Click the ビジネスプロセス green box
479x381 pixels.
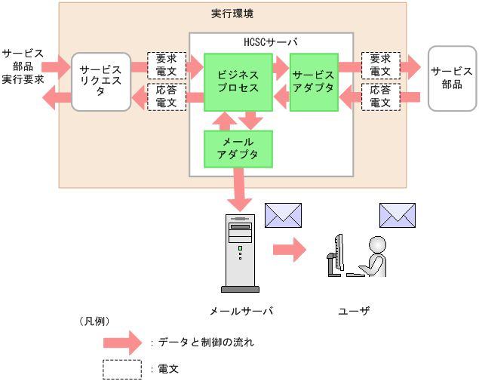click(238, 81)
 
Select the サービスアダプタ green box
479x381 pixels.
click(313, 81)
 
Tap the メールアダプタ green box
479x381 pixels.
click(238, 149)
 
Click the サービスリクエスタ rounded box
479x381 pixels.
click(100, 81)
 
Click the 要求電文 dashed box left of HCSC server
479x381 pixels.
click(166, 65)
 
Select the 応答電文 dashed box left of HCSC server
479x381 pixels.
click(166, 97)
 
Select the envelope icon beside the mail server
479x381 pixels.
click(283, 215)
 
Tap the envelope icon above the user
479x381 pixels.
click(398, 215)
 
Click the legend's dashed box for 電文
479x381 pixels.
click(122, 370)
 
